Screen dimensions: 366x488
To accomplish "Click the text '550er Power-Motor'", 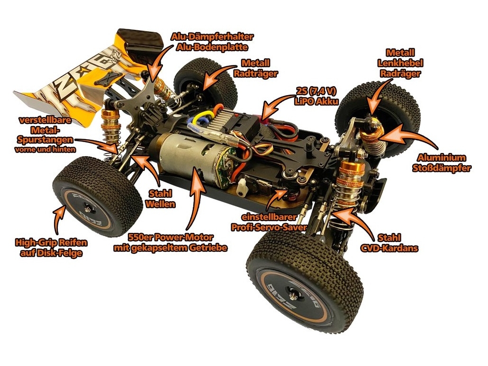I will tap(171, 238).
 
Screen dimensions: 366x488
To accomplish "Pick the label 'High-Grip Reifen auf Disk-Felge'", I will tap(51, 247).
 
